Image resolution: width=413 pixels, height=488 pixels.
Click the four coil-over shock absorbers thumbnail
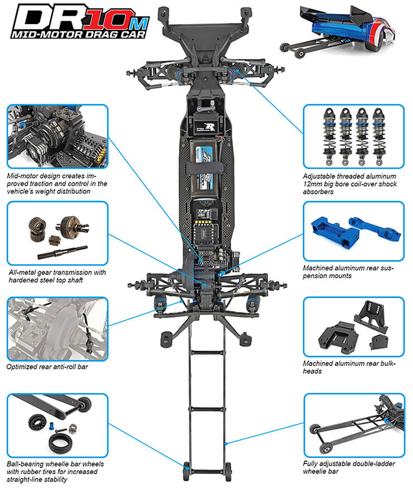[x=353, y=135]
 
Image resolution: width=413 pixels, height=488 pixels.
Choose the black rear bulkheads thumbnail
[x=353, y=327]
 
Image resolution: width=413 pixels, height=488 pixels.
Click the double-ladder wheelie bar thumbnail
[x=353, y=424]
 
